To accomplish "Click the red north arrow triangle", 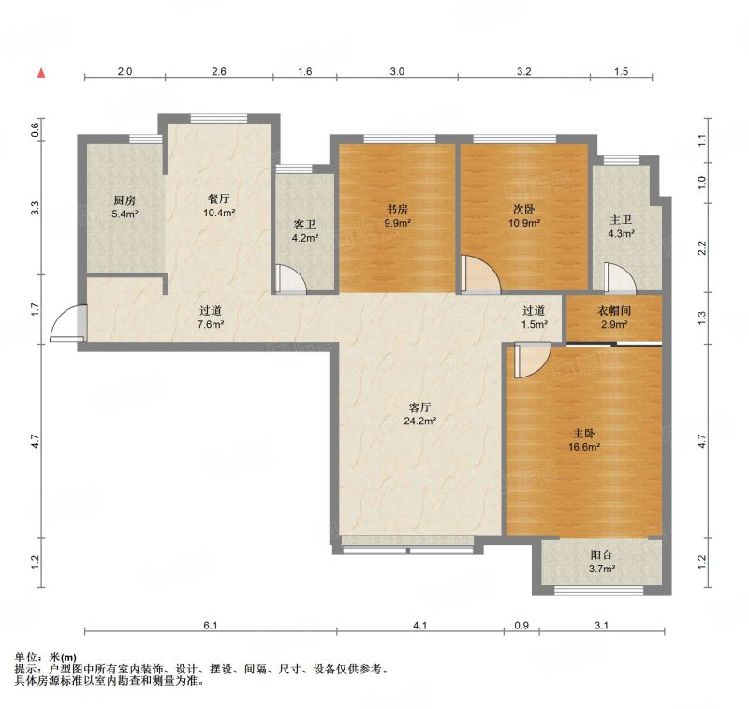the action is coord(42,73).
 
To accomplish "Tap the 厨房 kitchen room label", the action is coord(125,200).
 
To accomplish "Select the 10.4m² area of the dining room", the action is coord(219,214).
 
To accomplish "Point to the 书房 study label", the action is coord(397,209).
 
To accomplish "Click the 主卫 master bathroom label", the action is coord(621,220).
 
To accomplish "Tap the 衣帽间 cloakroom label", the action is coord(614,311).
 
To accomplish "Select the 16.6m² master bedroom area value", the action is coord(583,447).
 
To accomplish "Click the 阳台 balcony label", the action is coord(601,555).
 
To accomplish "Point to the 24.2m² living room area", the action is coord(419,421).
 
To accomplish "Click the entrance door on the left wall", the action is coord(68,323).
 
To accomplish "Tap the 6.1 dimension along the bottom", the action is coord(211,626).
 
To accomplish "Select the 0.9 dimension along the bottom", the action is coord(521,626).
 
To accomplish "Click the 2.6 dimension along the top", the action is coord(219,72).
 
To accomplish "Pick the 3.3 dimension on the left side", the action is coord(35,209).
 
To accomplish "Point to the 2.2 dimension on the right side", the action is coord(701,248).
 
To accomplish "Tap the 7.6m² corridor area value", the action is coord(211,325).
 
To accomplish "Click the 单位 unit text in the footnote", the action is coord(26,657).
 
